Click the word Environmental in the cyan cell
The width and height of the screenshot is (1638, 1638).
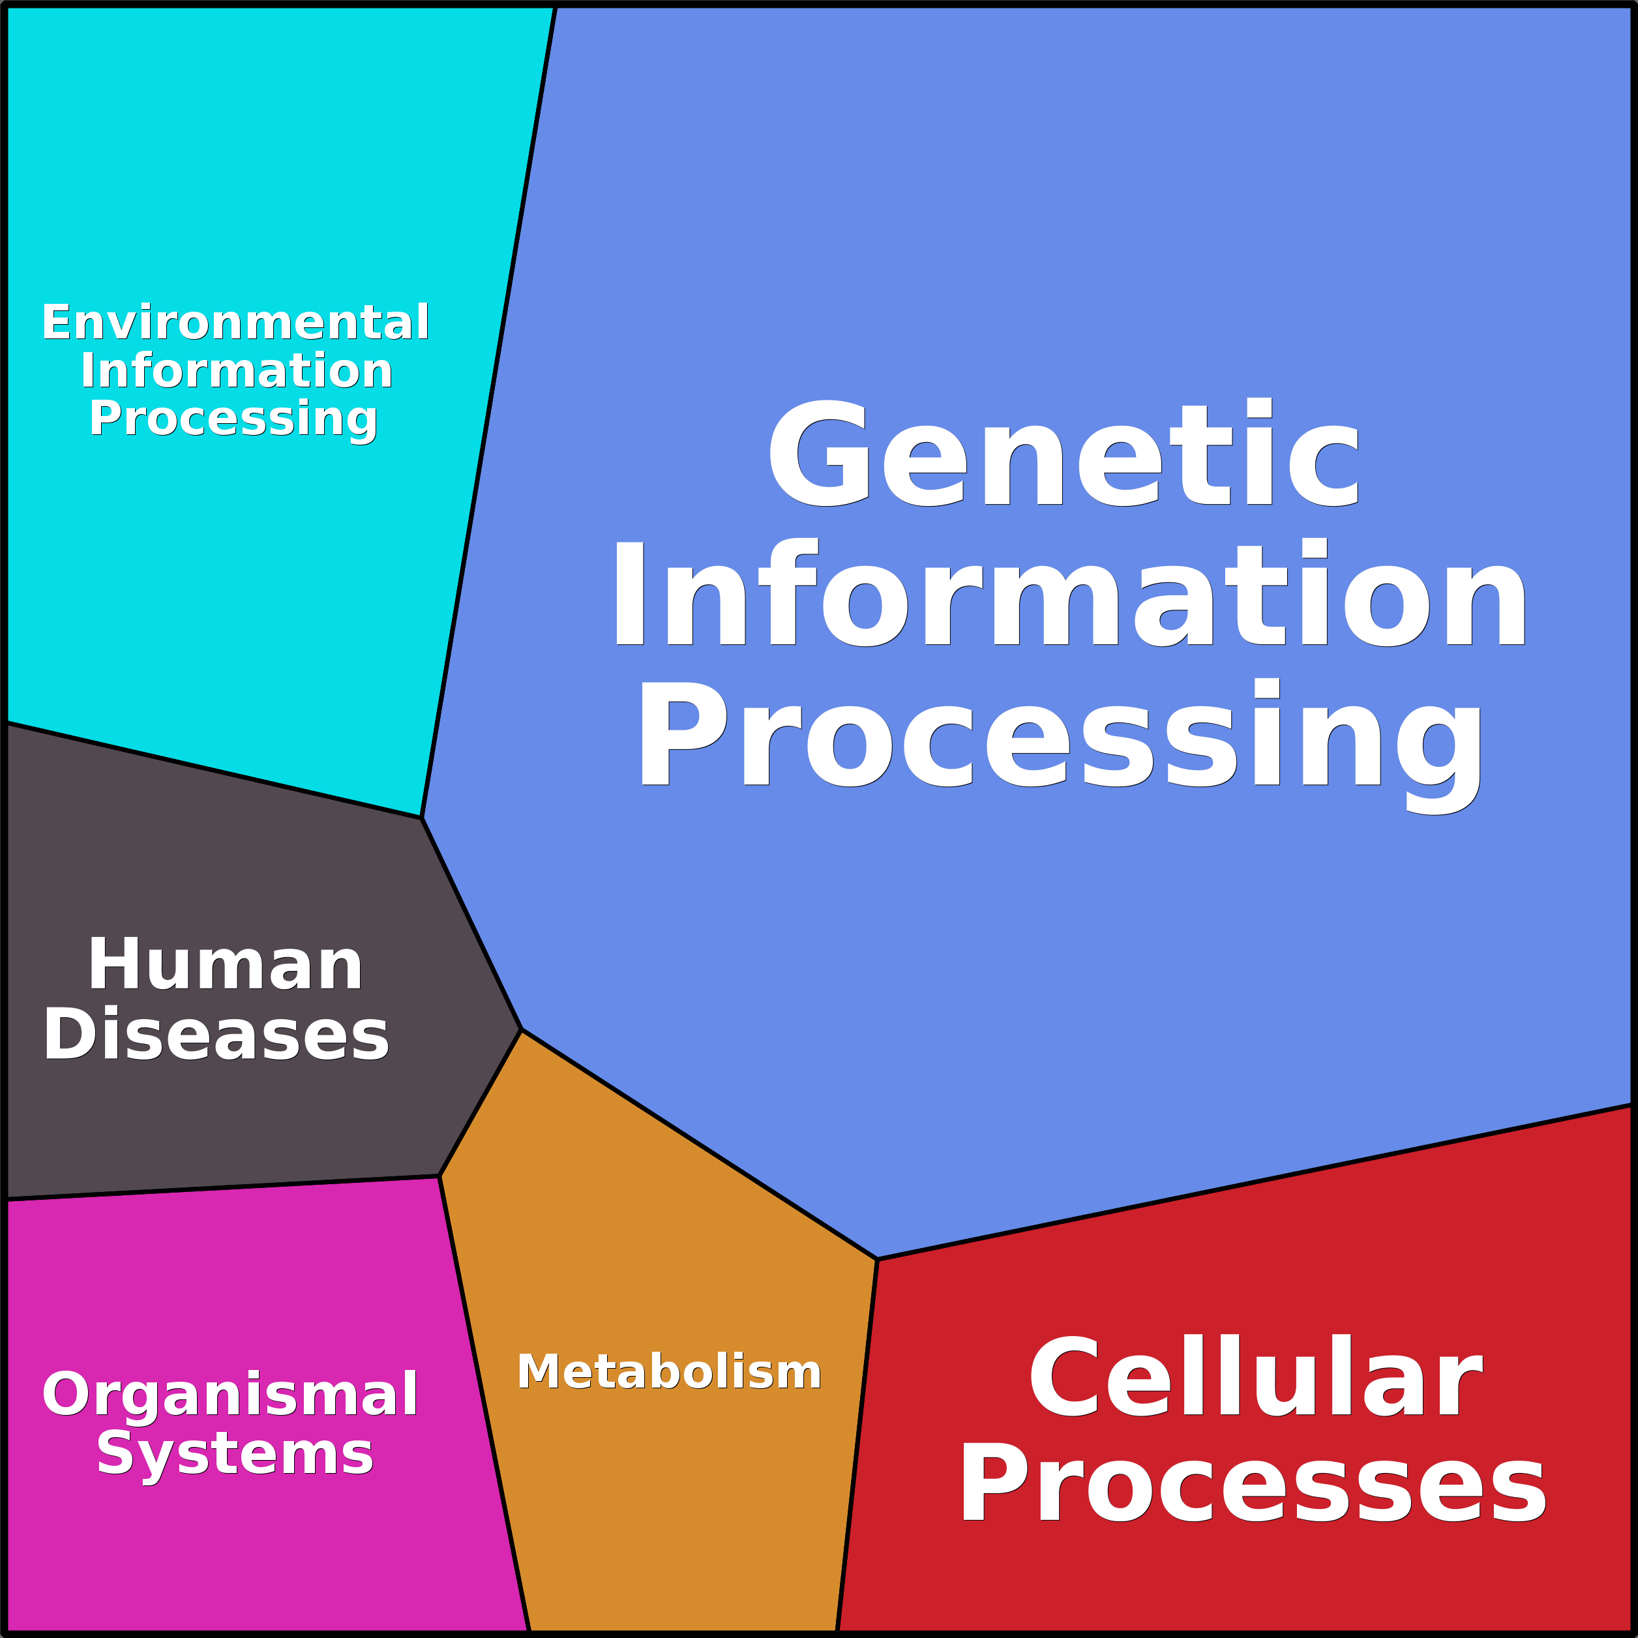pos(235,323)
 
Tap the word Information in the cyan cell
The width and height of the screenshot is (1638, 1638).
pos(237,371)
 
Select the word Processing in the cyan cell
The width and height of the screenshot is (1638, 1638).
pos(233,419)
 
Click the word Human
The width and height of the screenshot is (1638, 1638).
pos(226,965)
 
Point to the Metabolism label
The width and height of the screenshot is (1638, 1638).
pos(669,1372)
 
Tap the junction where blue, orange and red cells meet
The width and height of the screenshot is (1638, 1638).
pos(876,1259)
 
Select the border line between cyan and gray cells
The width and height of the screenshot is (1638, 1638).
pos(212,770)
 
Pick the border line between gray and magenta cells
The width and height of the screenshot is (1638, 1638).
pos(220,1188)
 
